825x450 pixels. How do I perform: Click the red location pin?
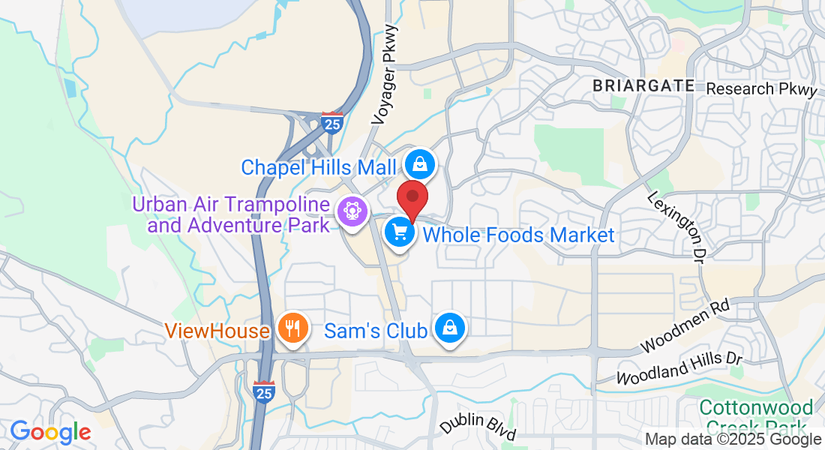coord(412,198)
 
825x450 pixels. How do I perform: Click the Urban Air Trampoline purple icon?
coord(350,212)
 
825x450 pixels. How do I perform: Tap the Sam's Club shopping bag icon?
coord(449,329)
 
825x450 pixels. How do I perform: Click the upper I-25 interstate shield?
coord(331,122)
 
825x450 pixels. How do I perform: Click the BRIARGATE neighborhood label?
coord(643,85)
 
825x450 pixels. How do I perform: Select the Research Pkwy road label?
coord(761,89)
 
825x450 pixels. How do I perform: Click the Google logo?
coord(50,432)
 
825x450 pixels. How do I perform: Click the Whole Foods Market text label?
coord(518,235)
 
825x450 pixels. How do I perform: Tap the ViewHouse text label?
coord(217,331)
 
